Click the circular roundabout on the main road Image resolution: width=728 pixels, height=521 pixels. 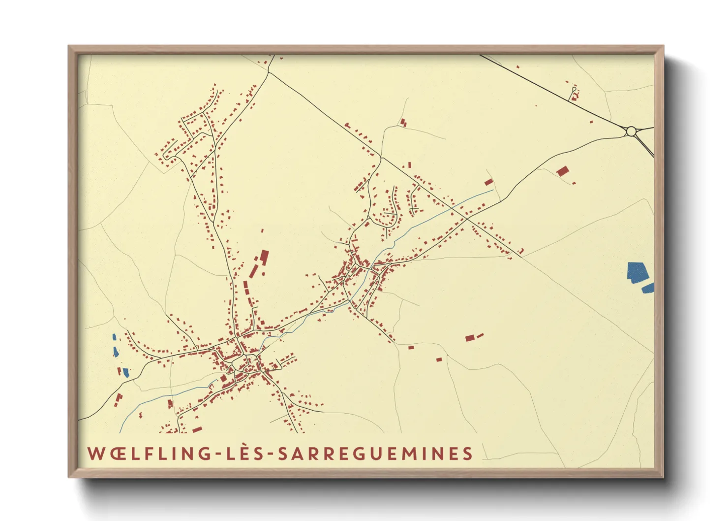tap(631, 131)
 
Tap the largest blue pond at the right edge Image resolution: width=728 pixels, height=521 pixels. tap(637, 272)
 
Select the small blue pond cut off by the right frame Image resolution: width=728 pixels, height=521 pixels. tap(648, 288)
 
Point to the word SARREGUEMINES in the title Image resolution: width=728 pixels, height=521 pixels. tap(375, 454)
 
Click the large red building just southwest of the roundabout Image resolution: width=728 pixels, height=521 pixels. tap(562, 171)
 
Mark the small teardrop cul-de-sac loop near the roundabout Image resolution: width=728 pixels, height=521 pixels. tap(574, 89)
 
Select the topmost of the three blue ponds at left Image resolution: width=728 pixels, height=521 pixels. tap(114, 337)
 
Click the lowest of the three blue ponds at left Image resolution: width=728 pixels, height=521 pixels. tap(126, 372)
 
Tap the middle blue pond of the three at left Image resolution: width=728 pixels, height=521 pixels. tap(116, 352)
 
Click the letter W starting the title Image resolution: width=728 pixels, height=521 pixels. tap(96, 454)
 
